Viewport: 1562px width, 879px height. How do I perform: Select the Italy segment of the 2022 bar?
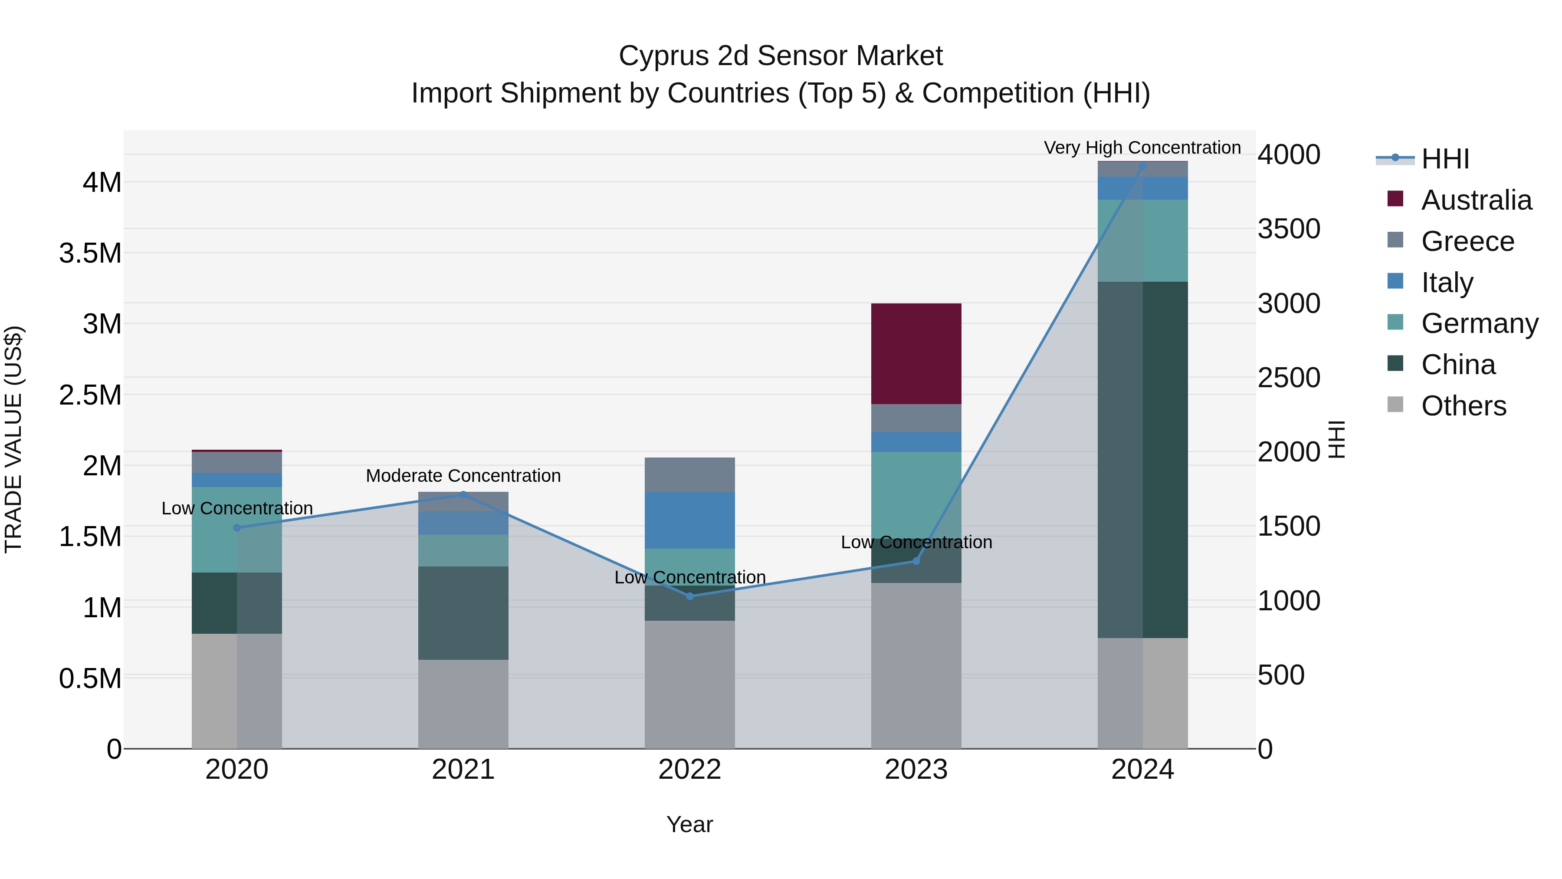689,520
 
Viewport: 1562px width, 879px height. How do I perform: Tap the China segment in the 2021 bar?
463,612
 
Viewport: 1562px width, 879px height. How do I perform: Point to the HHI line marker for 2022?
689,596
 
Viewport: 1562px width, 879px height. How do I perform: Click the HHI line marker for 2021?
463,494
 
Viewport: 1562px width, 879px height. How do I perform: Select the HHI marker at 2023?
916,561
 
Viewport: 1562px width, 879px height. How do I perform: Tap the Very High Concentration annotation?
1142,148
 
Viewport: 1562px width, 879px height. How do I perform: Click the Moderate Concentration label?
463,476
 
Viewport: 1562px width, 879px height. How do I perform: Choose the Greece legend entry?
1467,241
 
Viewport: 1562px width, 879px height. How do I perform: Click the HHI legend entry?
1445,159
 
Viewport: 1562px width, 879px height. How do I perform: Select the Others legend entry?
1463,406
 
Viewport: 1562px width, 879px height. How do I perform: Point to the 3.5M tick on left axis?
90,253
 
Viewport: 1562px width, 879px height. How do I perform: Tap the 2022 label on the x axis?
689,770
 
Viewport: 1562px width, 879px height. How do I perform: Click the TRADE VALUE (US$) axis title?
13,439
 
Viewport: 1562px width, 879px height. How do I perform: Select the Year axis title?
689,824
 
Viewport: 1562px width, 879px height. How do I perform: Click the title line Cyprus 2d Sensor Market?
781,56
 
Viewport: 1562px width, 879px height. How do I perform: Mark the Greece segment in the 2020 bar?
236,462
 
